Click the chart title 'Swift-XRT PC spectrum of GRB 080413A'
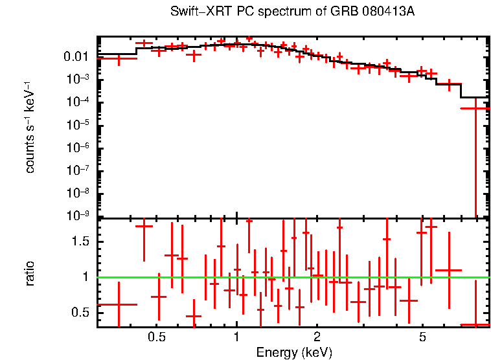click(x=292, y=12)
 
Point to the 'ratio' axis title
click(x=30, y=273)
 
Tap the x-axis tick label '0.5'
click(x=156, y=337)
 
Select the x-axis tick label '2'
click(x=317, y=337)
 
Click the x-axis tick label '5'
click(x=422, y=337)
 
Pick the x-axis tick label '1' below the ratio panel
click(x=236, y=337)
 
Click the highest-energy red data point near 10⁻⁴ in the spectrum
click(x=475, y=108)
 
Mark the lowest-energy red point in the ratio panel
click(x=119, y=304)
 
